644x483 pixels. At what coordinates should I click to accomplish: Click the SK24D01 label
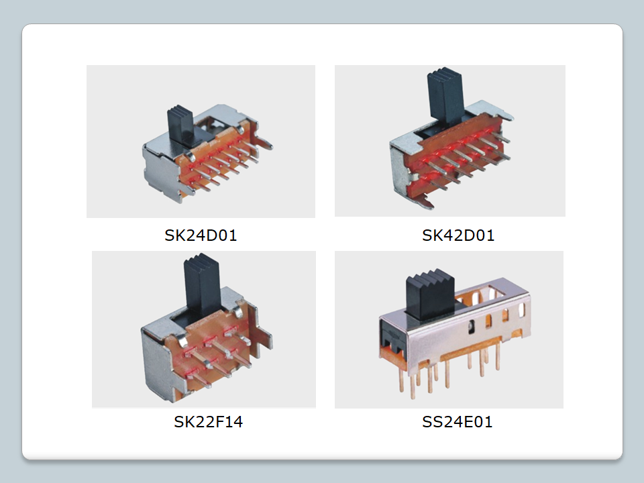click(201, 235)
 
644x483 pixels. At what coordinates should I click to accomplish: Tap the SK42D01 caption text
click(458, 235)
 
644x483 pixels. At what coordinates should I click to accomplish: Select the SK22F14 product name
click(208, 422)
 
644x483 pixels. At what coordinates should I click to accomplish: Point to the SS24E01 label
click(457, 422)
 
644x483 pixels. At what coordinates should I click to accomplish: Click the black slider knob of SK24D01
click(180, 123)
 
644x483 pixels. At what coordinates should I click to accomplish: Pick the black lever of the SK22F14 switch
click(201, 285)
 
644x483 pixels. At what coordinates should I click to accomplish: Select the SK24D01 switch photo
click(201, 142)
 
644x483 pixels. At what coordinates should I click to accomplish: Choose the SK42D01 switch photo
click(449, 140)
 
